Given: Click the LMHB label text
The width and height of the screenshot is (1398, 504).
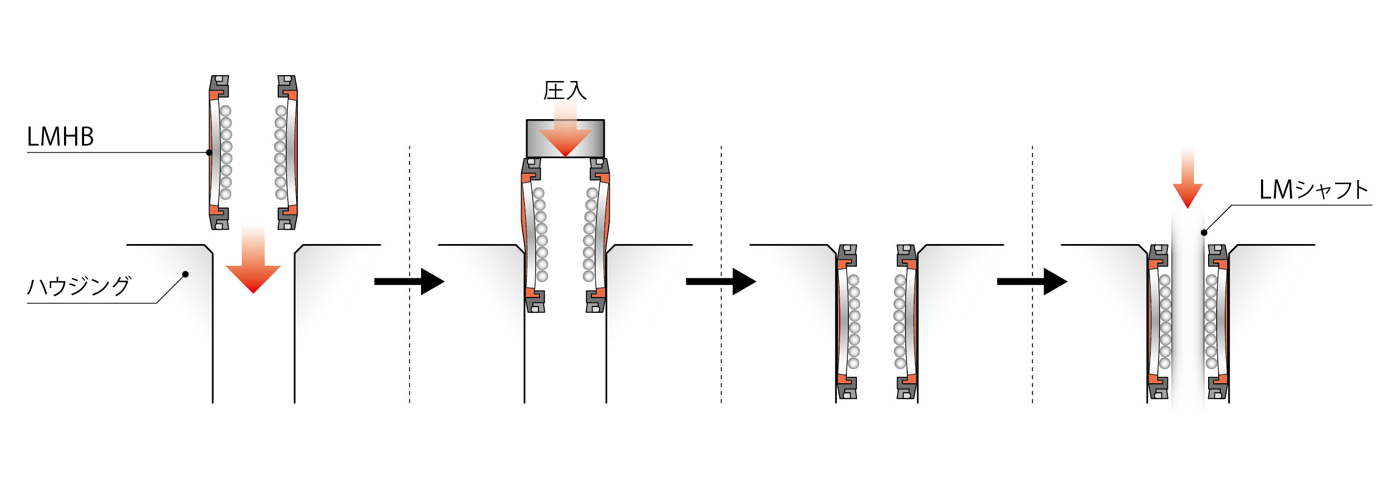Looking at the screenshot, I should point(60,137).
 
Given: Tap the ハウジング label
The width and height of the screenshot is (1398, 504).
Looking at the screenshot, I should point(79,286).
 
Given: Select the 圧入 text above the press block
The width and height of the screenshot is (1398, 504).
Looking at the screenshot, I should point(565,91).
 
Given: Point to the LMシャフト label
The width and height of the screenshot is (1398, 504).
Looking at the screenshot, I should point(1313,190).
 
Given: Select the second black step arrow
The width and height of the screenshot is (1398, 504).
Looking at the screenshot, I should point(721,281).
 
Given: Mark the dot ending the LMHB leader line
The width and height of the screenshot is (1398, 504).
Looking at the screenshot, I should point(209,152).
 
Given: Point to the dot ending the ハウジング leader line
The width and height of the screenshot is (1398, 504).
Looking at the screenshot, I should point(186,274).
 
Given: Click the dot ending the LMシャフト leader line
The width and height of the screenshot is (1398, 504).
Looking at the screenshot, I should point(1204,232).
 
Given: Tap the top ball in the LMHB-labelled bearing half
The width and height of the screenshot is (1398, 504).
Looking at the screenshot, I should point(225,111).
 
